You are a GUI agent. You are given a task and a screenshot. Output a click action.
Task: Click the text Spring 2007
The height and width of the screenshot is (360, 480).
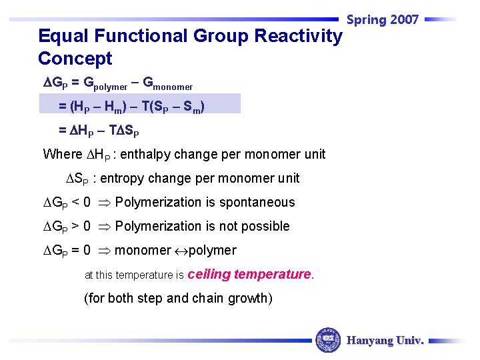(x=383, y=20)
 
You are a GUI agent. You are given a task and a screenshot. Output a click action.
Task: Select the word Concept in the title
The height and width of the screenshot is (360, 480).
(x=75, y=59)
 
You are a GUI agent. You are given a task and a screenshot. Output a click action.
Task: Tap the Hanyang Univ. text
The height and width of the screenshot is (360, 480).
(x=385, y=341)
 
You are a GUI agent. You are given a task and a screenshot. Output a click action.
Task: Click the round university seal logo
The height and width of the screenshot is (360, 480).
(x=328, y=340)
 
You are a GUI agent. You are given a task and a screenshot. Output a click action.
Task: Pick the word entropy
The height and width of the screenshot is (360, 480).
(x=133, y=179)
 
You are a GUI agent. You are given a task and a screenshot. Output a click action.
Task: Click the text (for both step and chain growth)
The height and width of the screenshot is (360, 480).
(x=178, y=298)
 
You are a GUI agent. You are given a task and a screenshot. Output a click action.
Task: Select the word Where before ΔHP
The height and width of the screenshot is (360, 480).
(x=63, y=155)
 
